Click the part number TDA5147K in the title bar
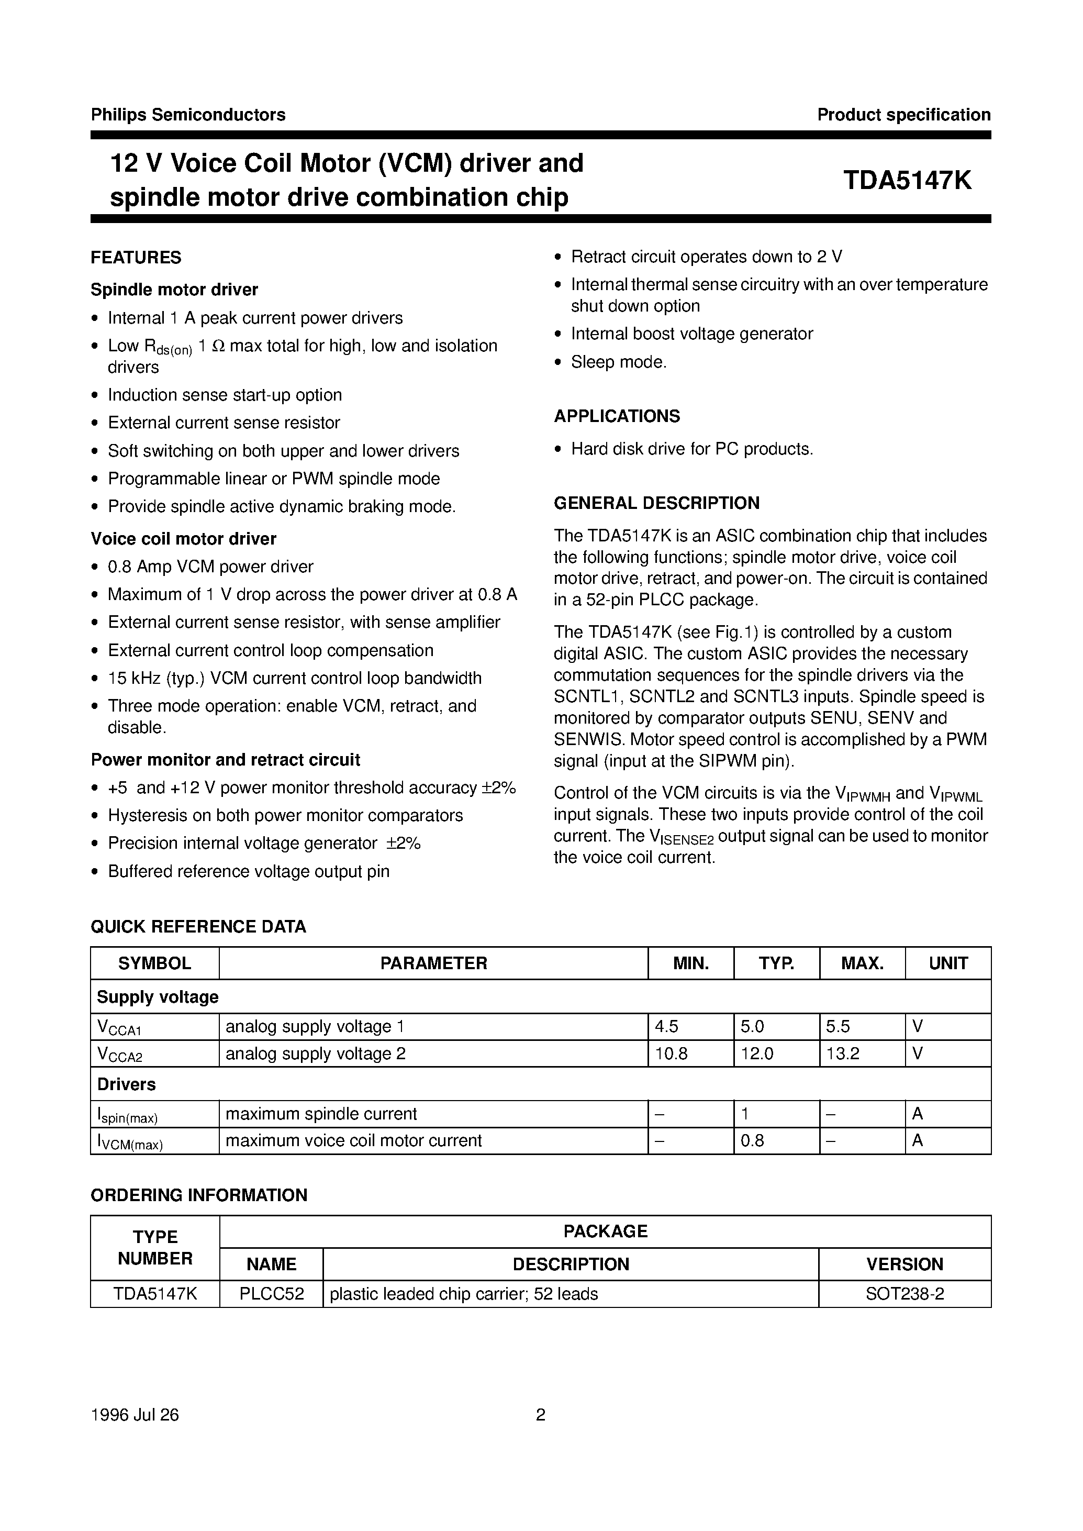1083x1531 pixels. (x=907, y=181)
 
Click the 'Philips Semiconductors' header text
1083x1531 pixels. (x=188, y=115)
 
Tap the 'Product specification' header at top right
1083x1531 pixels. (x=903, y=115)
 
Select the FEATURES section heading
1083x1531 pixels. (x=136, y=258)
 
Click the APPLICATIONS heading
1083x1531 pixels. (x=617, y=416)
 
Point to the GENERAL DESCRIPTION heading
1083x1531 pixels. (x=656, y=503)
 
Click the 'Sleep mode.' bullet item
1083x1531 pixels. (x=618, y=362)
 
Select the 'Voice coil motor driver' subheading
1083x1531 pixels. (x=183, y=538)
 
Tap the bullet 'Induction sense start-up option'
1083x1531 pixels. (x=225, y=395)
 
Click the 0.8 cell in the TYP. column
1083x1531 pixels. (x=752, y=1141)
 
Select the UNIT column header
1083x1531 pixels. (x=947, y=963)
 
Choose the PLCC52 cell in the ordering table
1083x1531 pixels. (x=272, y=1294)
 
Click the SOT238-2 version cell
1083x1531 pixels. (x=905, y=1294)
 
